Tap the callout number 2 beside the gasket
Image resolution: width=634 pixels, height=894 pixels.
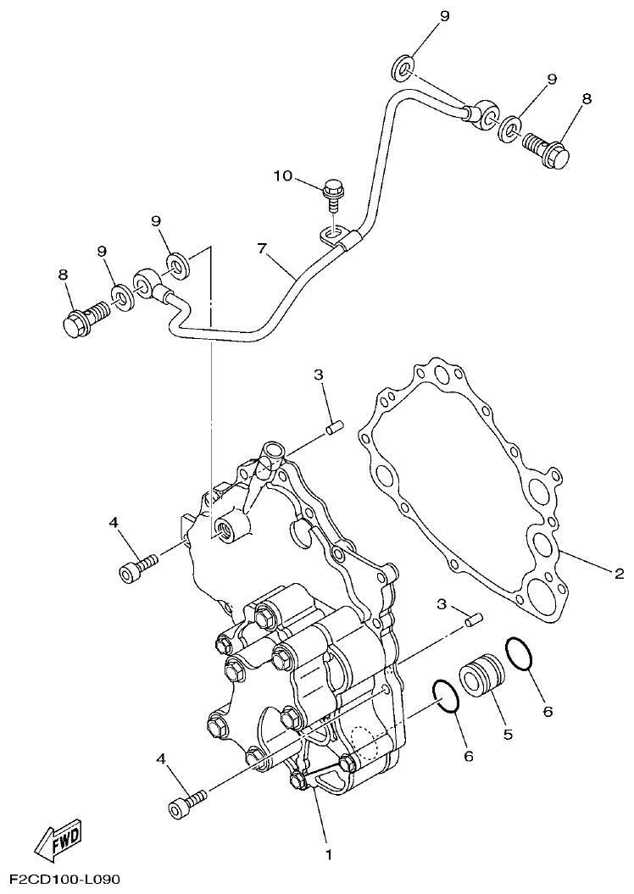pos(619,574)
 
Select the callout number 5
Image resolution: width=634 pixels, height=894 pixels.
pos(508,735)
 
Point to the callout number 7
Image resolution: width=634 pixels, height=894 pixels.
pos(262,249)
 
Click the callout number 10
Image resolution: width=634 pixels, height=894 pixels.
pos(282,175)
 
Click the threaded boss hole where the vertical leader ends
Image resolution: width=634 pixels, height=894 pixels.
pos(225,530)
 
